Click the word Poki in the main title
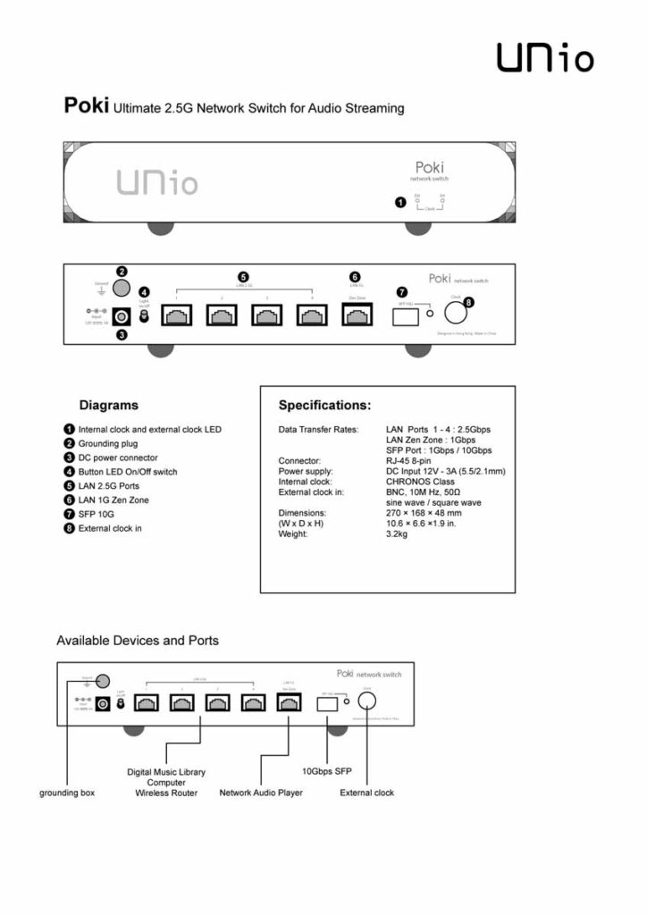click(x=86, y=107)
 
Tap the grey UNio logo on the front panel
click(x=157, y=182)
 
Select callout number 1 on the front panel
click(x=400, y=203)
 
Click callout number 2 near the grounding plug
click(x=122, y=272)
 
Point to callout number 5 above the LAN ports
click(x=243, y=277)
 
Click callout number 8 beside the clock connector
click(x=469, y=303)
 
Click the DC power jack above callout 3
click(x=121, y=315)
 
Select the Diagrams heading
click(x=108, y=405)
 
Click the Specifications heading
click(x=324, y=405)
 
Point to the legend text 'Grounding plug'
click(x=108, y=443)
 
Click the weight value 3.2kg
click(x=398, y=533)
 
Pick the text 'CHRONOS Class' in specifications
click(x=420, y=482)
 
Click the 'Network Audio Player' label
click(x=261, y=793)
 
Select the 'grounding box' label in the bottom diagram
click(x=67, y=793)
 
